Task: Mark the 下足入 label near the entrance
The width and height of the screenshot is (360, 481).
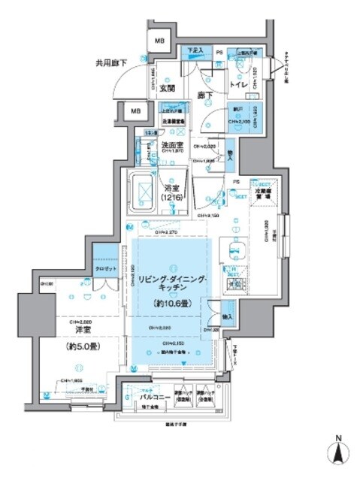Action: point(195,51)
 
